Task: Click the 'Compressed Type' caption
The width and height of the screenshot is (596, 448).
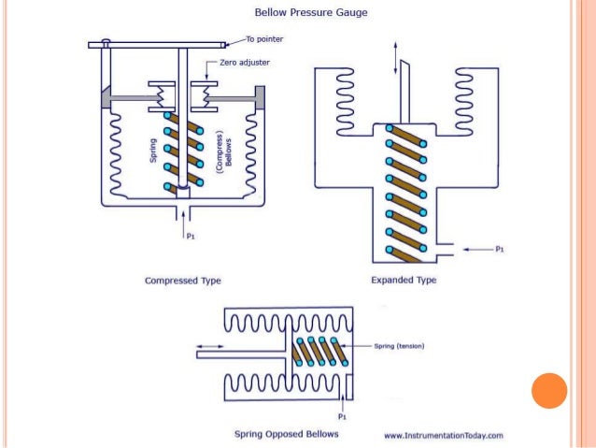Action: tap(181, 280)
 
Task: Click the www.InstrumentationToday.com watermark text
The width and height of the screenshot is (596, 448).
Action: tap(444, 435)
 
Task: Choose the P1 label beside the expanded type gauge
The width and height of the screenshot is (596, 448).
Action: tap(500, 250)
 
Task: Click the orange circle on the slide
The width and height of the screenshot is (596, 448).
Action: tap(548, 391)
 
